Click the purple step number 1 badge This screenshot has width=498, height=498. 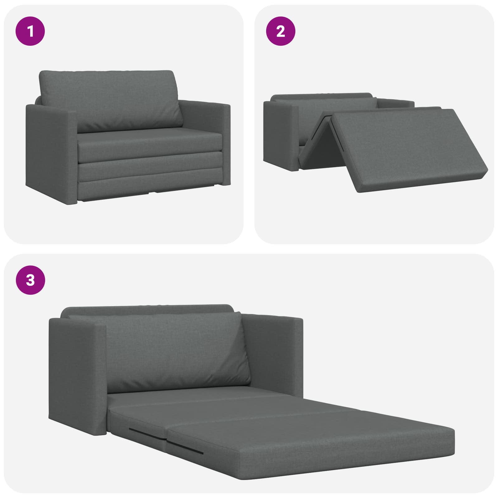pos(30,31)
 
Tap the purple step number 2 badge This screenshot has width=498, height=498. pos(281,31)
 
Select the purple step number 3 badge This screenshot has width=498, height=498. pos(30,280)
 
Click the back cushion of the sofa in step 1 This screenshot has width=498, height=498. pos(110,100)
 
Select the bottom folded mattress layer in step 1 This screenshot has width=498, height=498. pos(149,190)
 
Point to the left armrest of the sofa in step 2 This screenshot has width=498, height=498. pos(280,137)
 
